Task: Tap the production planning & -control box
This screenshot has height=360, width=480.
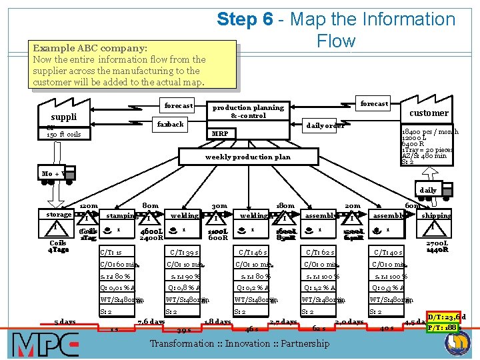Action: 248,111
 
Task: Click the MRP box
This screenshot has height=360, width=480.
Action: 220,133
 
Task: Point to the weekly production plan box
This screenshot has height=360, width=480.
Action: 248,157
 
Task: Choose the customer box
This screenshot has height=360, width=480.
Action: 429,113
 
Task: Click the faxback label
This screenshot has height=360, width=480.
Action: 171,124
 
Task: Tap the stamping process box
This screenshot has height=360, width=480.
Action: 122,215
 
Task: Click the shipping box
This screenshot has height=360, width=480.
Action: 436,215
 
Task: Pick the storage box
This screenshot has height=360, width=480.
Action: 59,215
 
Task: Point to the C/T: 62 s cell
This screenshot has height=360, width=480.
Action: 320,252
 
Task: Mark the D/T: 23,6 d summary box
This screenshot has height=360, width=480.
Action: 446,317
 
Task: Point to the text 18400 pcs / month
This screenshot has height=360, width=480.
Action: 430,132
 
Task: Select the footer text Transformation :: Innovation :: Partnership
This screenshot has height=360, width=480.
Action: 239,343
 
